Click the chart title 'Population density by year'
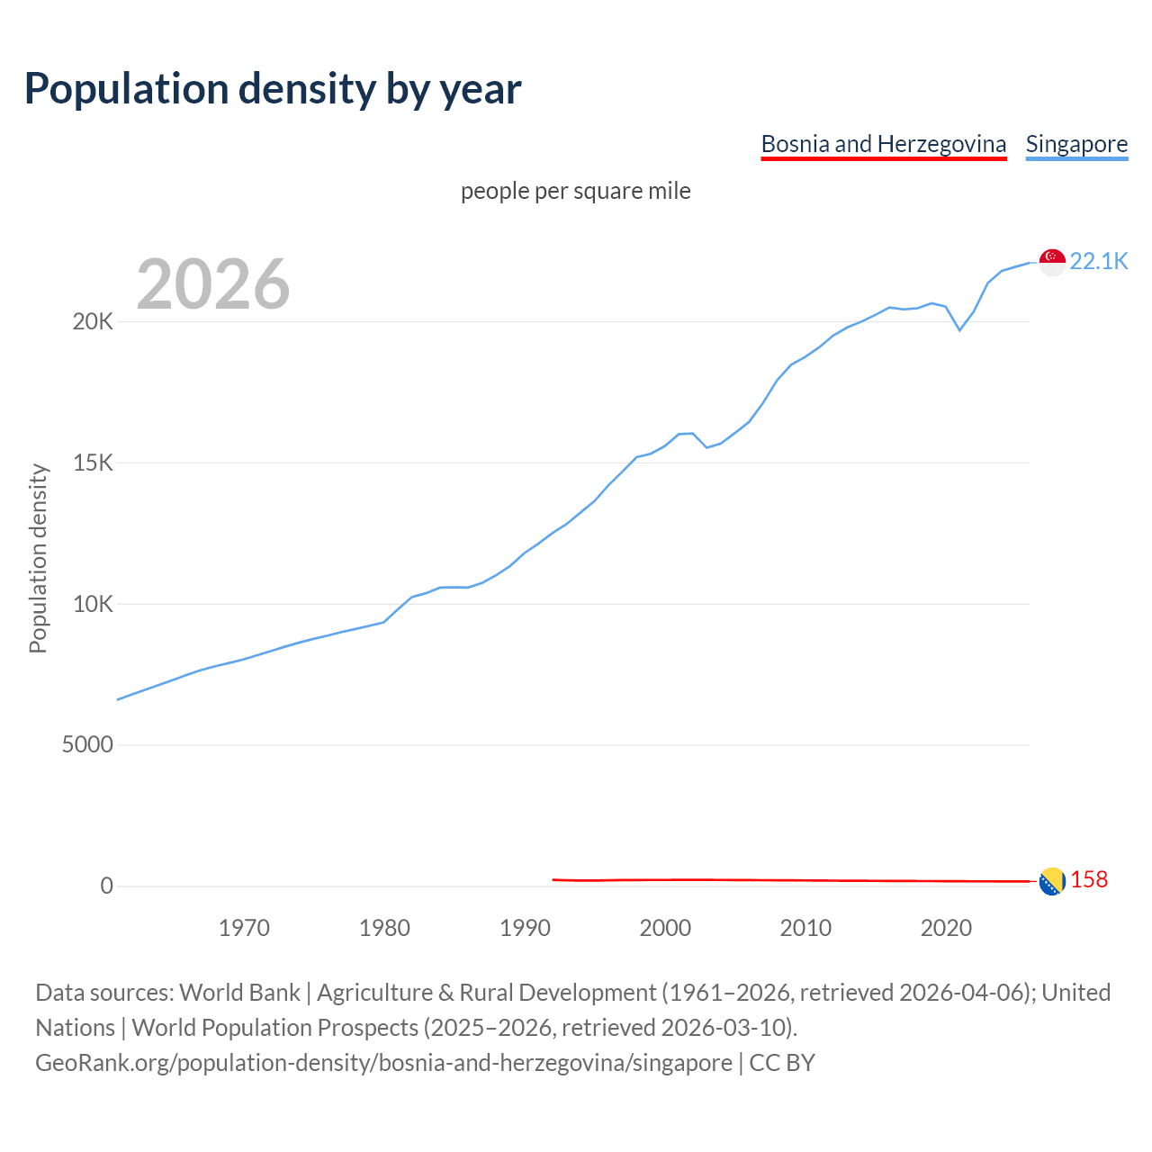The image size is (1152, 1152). coord(273,89)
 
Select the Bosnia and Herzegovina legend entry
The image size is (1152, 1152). coord(883,144)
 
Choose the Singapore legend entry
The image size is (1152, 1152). coord(1076,144)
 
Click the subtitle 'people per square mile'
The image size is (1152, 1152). coord(575,191)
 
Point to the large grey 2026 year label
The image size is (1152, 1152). coord(213,284)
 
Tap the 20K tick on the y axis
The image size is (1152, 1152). coord(93,322)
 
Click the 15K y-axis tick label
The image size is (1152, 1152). coord(93,463)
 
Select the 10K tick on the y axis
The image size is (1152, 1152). coord(93,604)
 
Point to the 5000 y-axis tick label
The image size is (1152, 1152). coord(87,745)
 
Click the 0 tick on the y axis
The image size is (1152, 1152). coord(107,886)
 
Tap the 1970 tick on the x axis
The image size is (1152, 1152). coord(244,928)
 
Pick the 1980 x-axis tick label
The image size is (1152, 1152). coord(384,928)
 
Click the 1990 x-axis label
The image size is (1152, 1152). coord(525,928)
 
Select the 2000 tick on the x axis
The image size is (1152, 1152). coord(665,928)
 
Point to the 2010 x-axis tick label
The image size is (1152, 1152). coord(805,928)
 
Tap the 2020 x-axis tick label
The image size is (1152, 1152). coord(946,928)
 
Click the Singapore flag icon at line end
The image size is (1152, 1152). coord(1052,262)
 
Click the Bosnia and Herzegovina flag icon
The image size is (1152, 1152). coord(1052,882)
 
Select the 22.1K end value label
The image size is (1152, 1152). coord(1098,261)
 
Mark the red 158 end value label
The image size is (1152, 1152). coord(1089,880)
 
